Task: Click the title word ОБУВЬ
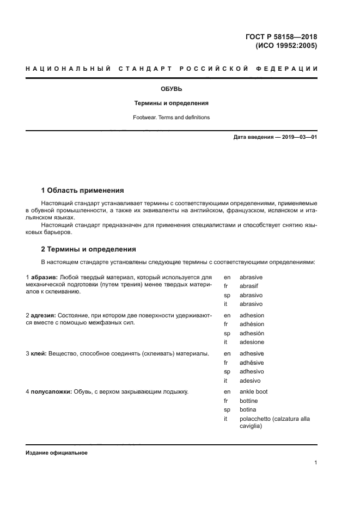click(x=172, y=88)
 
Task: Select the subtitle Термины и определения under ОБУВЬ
click(x=172, y=103)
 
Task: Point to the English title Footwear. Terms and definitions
click(x=172, y=117)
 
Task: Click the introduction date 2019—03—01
click(x=298, y=137)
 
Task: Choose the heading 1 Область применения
click(x=83, y=191)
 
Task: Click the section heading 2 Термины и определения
click(x=89, y=249)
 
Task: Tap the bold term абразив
click(x=44, y=277)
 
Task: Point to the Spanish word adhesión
click(x=252, y=333)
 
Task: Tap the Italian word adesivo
click(x=250, y=381)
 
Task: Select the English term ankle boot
click(x=253, y=391)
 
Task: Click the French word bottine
click(x=248, y=401)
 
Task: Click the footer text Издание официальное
click(x=56, y=453)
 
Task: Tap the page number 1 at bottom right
click(x=315, y=463)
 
